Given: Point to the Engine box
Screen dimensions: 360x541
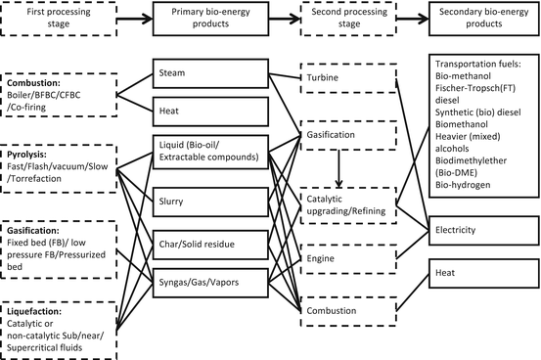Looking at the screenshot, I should (340, 257).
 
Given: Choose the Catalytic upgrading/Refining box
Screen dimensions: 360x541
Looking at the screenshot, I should (340, 205).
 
